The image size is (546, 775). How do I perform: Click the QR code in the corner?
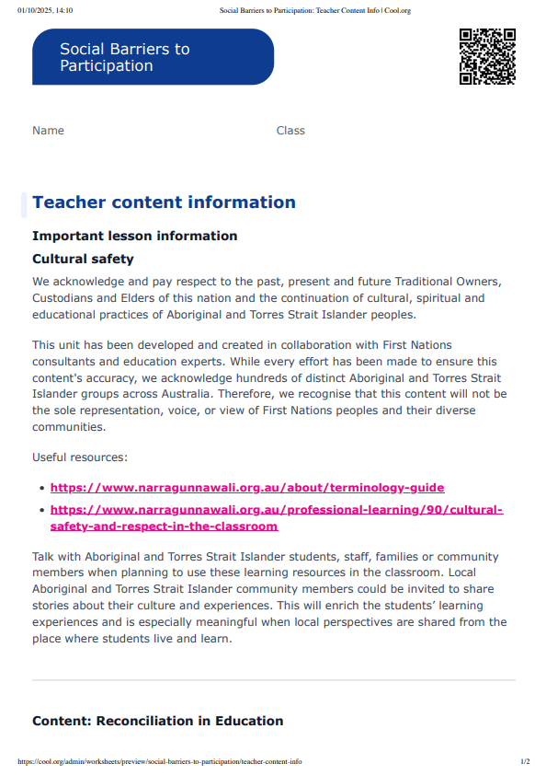pyautogui.click(x=487, y=57)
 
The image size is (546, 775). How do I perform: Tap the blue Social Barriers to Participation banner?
pyautogui.click(x=153, y=57)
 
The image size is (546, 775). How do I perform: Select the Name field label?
pyautogui.click(x=48, y=131)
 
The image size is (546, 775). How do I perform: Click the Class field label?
pyautogui.click(x=290, y=131)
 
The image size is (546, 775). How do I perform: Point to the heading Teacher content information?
pyautogui.click(x=164, y=202)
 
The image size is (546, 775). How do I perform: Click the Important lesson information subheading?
pyautogui.click(x=134, y=236)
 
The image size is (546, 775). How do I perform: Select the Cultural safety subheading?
pyautogui.click(x=83, y=260)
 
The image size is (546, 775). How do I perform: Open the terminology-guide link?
pyautogui.click(x=247, y=488)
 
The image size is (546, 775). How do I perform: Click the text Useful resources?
pyautogui.click(x=80, y=457)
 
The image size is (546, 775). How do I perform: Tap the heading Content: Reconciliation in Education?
pyautogui.click(x=157, y=721)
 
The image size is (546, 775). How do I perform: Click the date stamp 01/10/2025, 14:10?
pyautogui.click(x=45, y=10)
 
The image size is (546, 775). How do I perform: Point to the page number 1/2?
pyautogui.click(x=525, y=762)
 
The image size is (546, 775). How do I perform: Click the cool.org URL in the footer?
pyautogui.click(x=159, y=762)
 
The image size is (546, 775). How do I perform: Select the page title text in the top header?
pyautogui.click(x=314, y=10)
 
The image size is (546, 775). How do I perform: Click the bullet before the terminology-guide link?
pyautogui.click(x=41, y=489)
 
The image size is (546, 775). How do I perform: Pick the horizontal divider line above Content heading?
pyautogui.click(x=273, y=681)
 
